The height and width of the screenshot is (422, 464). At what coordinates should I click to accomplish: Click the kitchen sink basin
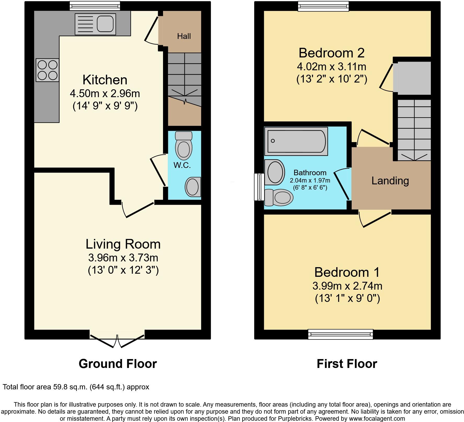pos(105,24)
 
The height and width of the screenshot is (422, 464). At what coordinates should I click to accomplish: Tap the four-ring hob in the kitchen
pos(48,70)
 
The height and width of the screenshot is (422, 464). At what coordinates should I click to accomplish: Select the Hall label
pos(184,36)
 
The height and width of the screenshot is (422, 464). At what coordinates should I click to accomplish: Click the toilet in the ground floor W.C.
pos(184,146)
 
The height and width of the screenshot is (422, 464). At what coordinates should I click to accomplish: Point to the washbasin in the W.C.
pos(193,187)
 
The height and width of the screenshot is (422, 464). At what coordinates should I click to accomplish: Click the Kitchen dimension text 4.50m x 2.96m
pos(105,93)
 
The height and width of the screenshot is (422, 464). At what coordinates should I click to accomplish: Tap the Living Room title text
pos(123,244)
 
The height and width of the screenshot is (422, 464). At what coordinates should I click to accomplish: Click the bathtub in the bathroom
pos(296,141)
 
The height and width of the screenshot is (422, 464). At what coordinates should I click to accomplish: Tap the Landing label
pos(390,181)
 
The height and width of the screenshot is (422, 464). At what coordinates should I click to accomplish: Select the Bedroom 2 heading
pos(332,53)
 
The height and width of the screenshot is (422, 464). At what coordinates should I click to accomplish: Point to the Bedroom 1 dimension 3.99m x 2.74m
pos(347,286)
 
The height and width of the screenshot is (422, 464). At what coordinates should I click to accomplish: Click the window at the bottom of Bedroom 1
pos(340,334)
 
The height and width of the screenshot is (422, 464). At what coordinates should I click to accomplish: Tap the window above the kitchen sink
pos(95,6)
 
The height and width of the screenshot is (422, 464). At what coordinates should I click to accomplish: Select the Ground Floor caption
pos(118,364)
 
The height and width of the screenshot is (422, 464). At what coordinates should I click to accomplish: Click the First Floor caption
pos(347,364)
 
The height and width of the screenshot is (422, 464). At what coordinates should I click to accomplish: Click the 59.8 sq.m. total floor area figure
pos(69,387)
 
